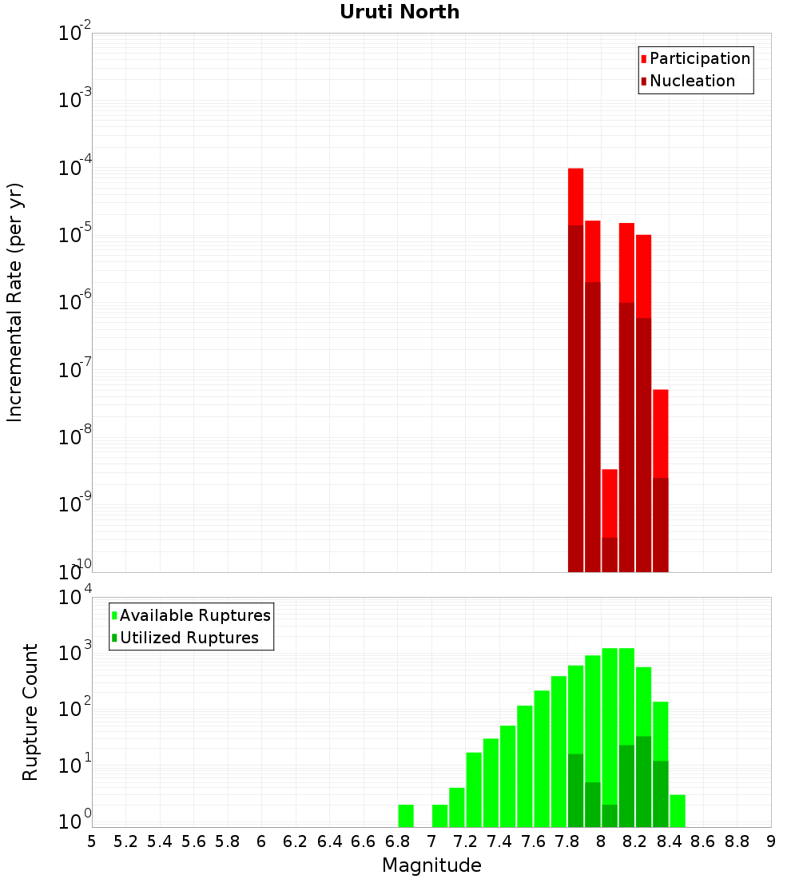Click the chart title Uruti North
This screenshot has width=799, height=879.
399,12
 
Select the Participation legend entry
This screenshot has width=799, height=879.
695,58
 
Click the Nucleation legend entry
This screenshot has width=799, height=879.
687,81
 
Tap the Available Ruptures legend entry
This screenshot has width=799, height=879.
191,615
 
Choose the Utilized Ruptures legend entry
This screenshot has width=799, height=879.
185,638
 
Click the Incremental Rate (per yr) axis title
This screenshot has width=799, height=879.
14,302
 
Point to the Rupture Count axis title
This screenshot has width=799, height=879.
30,711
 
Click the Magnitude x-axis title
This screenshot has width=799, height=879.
431,865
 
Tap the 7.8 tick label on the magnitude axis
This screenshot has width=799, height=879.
567,841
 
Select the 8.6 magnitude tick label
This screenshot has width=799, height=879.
703,841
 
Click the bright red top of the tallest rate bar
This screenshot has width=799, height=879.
575,196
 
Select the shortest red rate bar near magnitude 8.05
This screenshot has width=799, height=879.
610,503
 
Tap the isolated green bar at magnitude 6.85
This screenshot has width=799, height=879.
406,815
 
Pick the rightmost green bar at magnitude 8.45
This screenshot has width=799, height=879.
678,810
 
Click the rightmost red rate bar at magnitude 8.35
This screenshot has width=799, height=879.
660,432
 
